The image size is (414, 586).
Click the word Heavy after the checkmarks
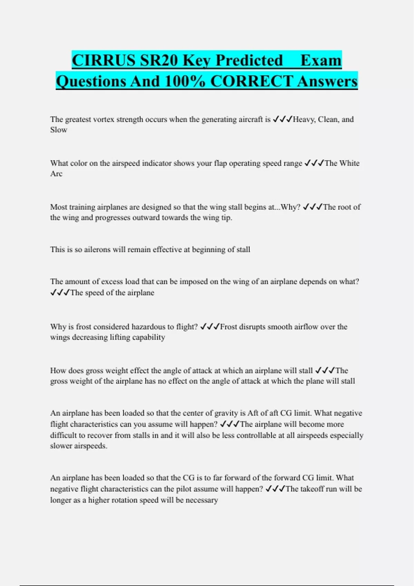tap(304, 120)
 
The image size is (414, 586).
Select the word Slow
tap(59, 130)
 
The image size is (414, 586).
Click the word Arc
tap(56, 174)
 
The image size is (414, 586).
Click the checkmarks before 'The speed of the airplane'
tap(60, 293)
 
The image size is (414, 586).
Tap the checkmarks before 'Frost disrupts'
tap(210, 327)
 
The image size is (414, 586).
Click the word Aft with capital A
tap(253, 413)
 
